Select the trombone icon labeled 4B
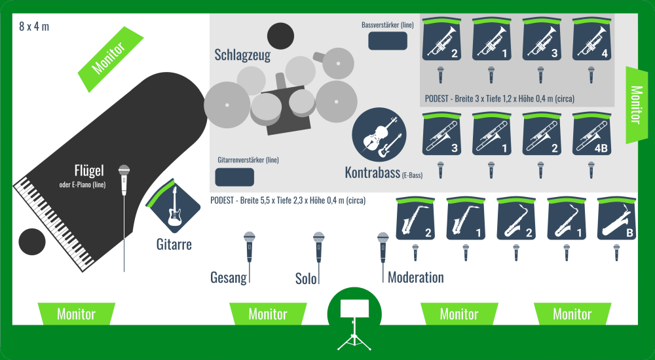pyautogui.click(x=591, y=134)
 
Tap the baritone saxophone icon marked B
pyautogui.click(x=616, y=219)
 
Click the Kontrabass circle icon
pyautogui.click(x=379, y=135)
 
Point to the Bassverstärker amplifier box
pyautogui.click(x=388, y=41)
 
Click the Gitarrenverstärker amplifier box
pyautogui.click(x=234, y=177)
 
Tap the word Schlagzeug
pyautogui.click(x=242, y=55)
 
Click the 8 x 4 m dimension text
pyautogui.click(x=34, y=26)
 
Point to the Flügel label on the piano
pyautogui.click(x=90, y=171)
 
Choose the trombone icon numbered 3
pyautogui.click(x=441, y=134)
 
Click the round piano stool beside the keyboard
pyautogui.click(x=32, y=242)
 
